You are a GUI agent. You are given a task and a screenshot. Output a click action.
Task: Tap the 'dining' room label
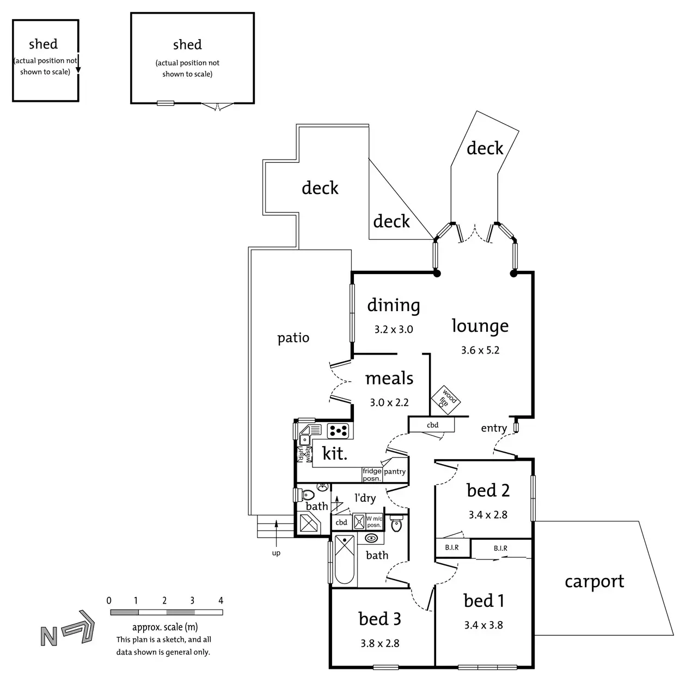click(x=393, y=306)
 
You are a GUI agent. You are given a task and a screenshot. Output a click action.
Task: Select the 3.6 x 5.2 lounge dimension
click(x=480, y=350)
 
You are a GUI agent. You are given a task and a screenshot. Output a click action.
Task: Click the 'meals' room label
click(x=389, y=378)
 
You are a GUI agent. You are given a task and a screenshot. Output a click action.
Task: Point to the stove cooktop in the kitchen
click(x=338, y=431)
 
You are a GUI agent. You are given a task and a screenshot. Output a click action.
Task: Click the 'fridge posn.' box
click(x=372, y=474)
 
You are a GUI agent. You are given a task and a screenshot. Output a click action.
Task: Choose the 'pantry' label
click(x=395, y=472)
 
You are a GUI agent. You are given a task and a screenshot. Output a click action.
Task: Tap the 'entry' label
click(x=493, y=428)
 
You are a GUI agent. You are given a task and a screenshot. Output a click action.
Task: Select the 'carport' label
click(x=594, y=581)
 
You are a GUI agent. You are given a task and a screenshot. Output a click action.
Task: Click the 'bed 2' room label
click(x=488, y=490)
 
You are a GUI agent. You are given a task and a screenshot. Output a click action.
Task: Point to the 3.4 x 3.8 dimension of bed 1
click(x=483, y=625)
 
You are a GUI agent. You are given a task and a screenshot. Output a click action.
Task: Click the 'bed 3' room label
click(x=379, y=619)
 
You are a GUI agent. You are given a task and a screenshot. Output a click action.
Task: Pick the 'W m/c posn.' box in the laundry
click(x=374, y=522)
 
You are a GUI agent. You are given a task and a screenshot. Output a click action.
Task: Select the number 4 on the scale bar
click(x=220, y=600)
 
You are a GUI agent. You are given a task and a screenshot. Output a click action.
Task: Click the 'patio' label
click(x=293, y=338)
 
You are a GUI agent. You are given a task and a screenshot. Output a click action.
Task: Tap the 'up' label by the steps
click(x=276, y=553)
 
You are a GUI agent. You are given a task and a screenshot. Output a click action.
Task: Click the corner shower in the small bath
click(x=310, y=523)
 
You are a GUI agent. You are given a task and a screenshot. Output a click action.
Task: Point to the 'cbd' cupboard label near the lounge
click(x=432, y=425)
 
